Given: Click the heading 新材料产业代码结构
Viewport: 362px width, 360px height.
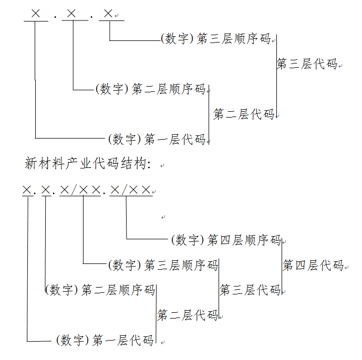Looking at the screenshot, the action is [x=88, y=163].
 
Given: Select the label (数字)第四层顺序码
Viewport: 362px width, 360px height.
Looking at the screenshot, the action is [x=226, y=240].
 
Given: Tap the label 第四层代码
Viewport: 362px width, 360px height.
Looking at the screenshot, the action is [x=313, y=265].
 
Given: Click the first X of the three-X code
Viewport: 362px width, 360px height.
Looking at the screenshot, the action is [x=36, y=13].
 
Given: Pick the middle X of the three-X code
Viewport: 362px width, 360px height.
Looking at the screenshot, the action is [x=71, y=13].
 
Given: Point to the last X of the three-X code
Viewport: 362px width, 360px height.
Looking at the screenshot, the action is [x=108, y=13].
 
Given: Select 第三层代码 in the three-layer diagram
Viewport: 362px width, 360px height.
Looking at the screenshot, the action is [x=307, y=63].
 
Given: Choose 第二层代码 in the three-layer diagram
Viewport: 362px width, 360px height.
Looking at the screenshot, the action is [x=244, y=114].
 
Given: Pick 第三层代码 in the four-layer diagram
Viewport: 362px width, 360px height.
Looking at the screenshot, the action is [x=250, y=290].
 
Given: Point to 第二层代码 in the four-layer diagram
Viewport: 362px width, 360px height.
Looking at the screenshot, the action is [x=188, y=315].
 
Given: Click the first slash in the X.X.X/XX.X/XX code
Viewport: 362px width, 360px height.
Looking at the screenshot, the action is [x=74, y=190].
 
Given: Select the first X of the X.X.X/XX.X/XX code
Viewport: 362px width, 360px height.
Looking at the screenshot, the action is [x=27, y=190].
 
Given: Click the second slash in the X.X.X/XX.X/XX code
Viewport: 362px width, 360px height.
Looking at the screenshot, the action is [x=124, y=190].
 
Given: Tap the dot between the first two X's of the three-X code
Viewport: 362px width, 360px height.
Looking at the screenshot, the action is [x=55, y=17].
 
